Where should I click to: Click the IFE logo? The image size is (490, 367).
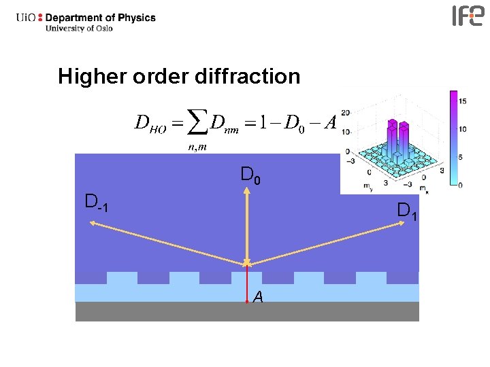[x=468, y=16]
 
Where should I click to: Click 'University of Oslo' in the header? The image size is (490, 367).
[x=79, y=29]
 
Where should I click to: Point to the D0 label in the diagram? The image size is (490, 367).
[x=250, y=176]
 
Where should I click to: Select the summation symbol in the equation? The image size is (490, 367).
[x=197, y=123]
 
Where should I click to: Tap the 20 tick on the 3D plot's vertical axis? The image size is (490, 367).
[x=346, y=113]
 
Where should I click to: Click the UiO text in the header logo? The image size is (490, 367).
[x=27, y=18]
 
